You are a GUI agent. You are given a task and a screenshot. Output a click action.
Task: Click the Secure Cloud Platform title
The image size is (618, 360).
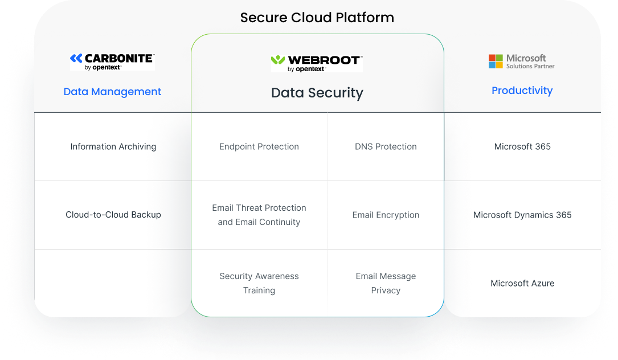pos(317,17)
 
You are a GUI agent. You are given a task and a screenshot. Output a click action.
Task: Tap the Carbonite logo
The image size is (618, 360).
pos(112,62)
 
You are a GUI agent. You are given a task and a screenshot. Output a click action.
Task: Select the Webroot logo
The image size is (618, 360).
pos(317,63)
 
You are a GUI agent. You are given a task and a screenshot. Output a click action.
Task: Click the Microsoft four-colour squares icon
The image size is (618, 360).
pos(496,61)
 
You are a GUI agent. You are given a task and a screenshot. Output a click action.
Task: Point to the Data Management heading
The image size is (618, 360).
pos(112,92)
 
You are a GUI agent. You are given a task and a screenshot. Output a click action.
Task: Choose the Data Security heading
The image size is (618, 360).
pos(317,93)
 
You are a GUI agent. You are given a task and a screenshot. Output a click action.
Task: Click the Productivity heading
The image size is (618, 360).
pos(522,91)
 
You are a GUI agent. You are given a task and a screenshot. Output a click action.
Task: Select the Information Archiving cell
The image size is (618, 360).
pos(113,147)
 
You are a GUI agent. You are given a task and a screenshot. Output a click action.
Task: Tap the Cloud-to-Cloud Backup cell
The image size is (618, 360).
pos(113,215)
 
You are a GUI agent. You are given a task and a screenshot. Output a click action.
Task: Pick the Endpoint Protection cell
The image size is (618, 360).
pos(259,147)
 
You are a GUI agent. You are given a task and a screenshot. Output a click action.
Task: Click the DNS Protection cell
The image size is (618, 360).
pos(386,147)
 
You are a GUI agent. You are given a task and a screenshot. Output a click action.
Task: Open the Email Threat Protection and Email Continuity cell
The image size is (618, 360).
pos(259,215)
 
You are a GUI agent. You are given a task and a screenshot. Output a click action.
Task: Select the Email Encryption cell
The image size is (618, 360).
pos(386,215)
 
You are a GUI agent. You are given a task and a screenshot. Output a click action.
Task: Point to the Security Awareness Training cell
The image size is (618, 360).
pos(259,283)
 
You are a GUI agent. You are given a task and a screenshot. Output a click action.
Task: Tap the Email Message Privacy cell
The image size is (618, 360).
pos(386,283)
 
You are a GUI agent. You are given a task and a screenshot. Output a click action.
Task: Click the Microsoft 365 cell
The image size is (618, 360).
pos(522,147)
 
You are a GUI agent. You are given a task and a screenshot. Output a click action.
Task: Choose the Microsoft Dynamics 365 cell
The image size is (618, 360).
pos(522,215)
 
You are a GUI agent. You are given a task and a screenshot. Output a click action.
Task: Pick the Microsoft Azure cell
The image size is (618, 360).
pos(522,283)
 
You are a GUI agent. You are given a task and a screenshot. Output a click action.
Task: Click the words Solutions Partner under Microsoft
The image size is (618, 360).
pos(530,66)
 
